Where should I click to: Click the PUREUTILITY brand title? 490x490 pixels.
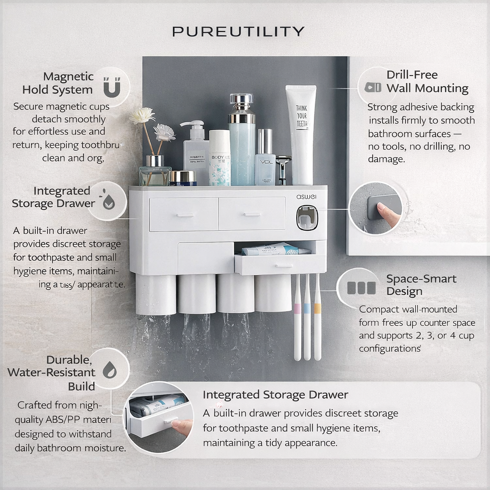(x=238, y=32)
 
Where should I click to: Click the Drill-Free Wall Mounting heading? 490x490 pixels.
(x=427, y=81)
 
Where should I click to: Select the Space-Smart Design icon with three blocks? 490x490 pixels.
(x=361, y=288)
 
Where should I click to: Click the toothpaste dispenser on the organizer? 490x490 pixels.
(x=306, y=218)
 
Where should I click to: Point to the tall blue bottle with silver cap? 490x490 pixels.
(x=242, y=141)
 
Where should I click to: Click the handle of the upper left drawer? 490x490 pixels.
(x=183, y=215)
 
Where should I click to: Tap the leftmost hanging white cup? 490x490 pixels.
(x=156, y=294)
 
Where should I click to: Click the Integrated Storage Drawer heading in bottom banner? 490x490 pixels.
(x=275, y=395)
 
